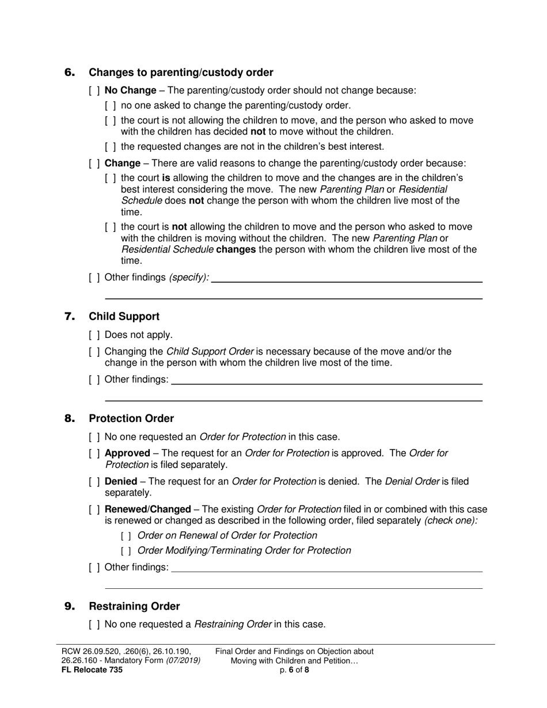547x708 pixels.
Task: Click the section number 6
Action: [x=70, y=73]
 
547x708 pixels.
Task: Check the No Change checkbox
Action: [x=94, y=90]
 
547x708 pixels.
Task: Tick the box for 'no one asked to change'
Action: [x=111, y=105]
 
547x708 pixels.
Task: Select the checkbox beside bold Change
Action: [x=94, y=163]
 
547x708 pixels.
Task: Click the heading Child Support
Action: [x=124, y=317]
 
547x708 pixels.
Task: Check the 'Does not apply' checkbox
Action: [x=94, y=335]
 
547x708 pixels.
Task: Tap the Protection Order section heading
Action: [x=131, y=418]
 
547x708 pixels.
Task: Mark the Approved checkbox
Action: [x=94, y=454]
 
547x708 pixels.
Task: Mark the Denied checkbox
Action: [x=94, y=482]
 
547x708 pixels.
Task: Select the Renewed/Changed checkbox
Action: [x=94, y=509]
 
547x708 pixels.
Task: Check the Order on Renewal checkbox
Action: [x=127, y=536]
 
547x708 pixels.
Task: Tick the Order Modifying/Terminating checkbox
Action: [x=127, y=551]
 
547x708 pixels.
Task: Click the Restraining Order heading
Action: [x=134, y=607]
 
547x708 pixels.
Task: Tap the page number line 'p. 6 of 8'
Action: [x=294, y=670]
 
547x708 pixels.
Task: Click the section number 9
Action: [x=70, y=607]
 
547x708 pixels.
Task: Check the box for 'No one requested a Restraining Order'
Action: [x=94, y=625]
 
